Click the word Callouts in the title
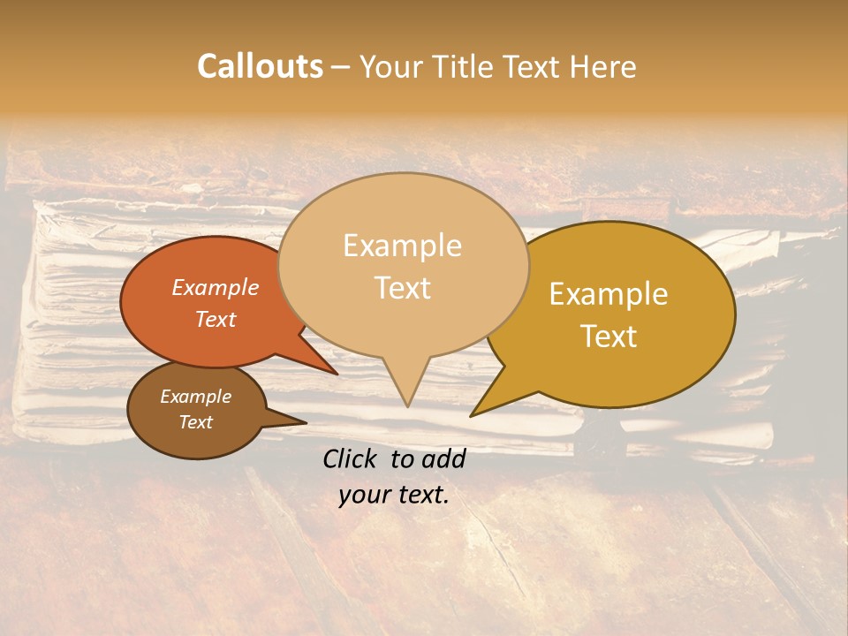[x=260, y=66]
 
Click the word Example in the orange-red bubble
[x=216, y=287]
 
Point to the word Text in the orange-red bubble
[x=216, y=319]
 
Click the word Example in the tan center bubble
[x=402, y=246]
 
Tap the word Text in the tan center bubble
[x=402, y=287]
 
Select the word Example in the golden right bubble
[x=609, y=294]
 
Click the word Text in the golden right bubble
[x=609, y=336]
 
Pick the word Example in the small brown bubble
[x=195, y=397]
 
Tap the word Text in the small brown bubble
[x=195, y=422]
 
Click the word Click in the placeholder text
[x=352, y=458]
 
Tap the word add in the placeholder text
[x=443, y=458]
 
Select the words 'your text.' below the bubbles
[x=394, y=495]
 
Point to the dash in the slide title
[x=342, y=68]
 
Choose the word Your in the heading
[x=390, y=66]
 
